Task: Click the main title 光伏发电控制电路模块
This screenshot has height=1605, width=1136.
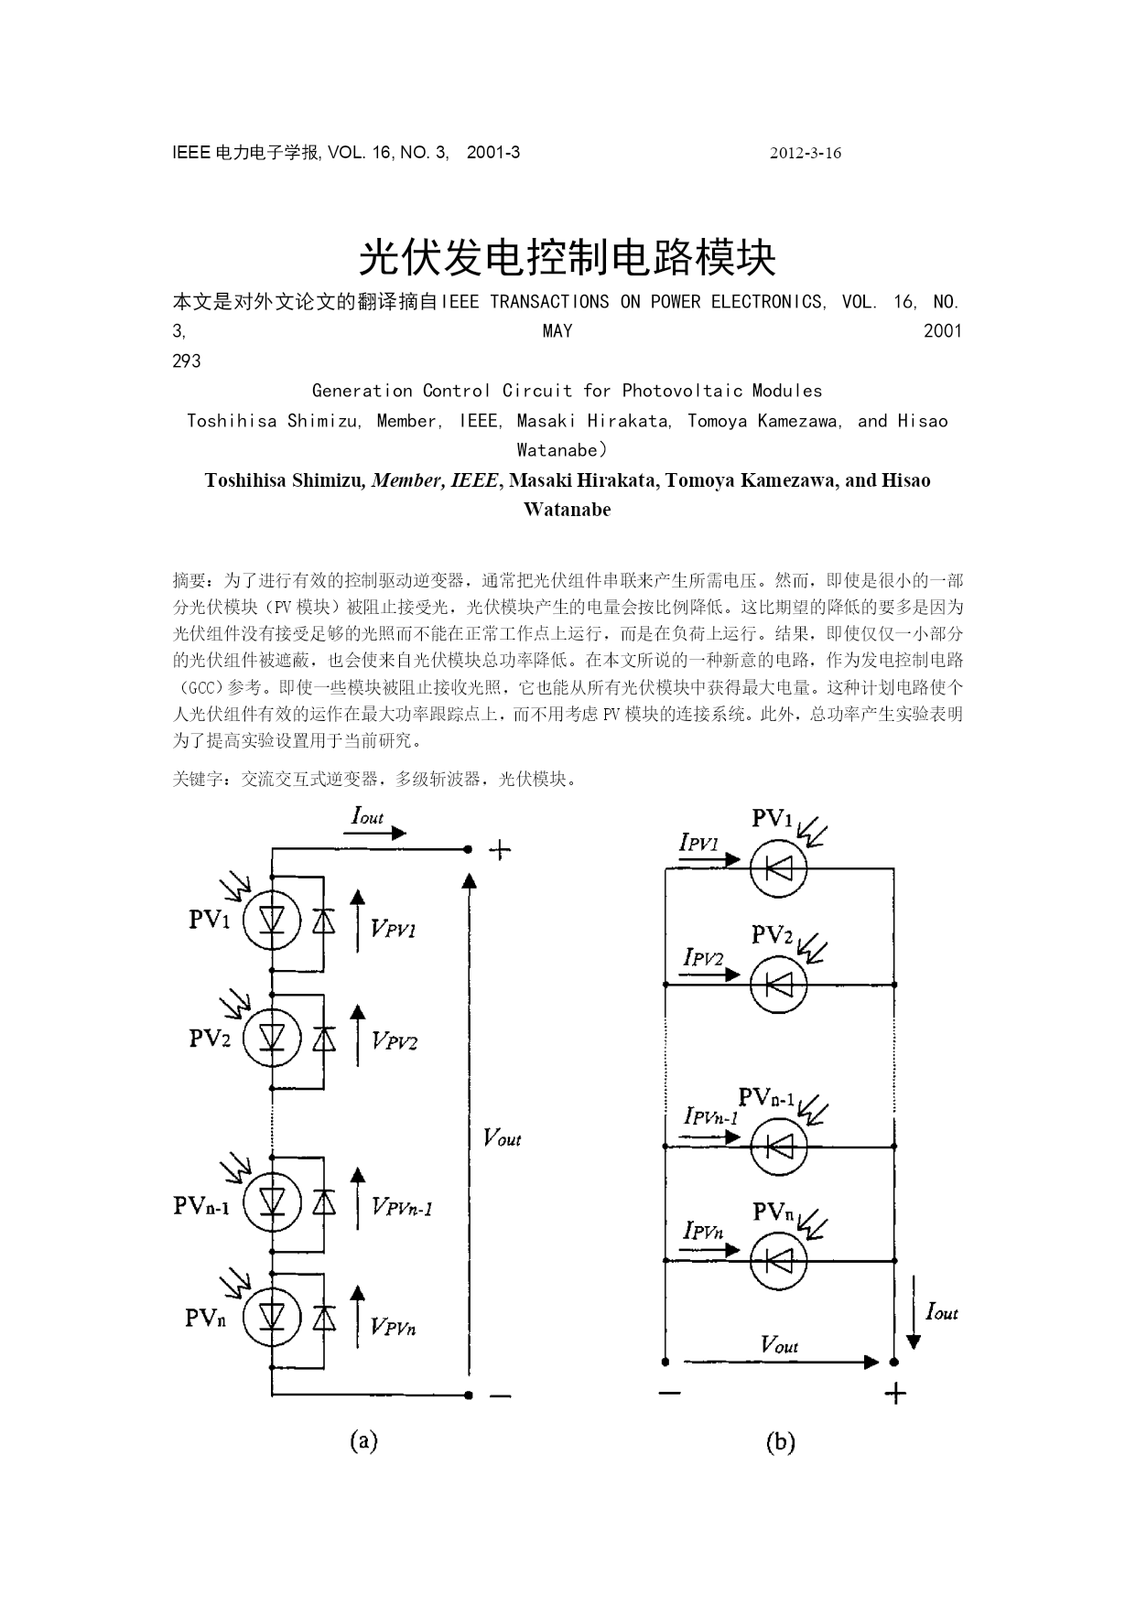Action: pyautogui.click(x=567, y=258)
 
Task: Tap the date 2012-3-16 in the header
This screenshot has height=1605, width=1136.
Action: pyautogui.click(x=806, y=153)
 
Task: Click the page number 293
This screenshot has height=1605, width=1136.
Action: pyautogui.click(x=187, y=361)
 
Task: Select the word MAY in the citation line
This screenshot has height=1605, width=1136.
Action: pyautogui.click(x=557, y=330)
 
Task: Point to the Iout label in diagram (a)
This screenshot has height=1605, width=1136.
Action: pyautogui.click(x=368, y=815)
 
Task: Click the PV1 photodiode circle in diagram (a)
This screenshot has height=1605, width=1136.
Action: pyautogui.click(x=272, y=920)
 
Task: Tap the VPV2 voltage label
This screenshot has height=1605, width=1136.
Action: pyautogui.click(x=395, y=1041)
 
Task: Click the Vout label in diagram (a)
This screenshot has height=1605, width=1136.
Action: pyautogui.click(x=502, y=1137)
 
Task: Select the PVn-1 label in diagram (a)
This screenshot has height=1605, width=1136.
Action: pyautogui.click(x=201, y=1205)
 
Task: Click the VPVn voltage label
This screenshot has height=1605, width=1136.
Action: pyautogui.click(x=394, y=1327)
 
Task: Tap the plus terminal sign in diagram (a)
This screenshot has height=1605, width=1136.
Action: pyautogui.click(x=500, y=850)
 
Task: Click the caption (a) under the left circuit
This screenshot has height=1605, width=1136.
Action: pyautogui.click(x=363, y=1441)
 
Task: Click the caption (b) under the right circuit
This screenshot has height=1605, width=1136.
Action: pyautogui.click(x=780, y=1442)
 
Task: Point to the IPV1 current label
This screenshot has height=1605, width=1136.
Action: pyautogui.click(x=699, y=843)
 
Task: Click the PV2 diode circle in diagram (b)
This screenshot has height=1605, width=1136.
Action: pyautogui.click(x=778, y=985)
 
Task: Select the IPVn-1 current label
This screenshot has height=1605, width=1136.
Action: pyautogui.click(x=711, y=1116)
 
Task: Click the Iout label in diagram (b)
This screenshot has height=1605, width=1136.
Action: pyautogui.click(x=942, y=1312)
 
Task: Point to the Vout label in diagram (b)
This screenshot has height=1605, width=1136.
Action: pyautogui.click(x=779, y=1344)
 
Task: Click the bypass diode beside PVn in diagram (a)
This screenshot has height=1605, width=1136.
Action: pyautogui.click(x=323, y=1318)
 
